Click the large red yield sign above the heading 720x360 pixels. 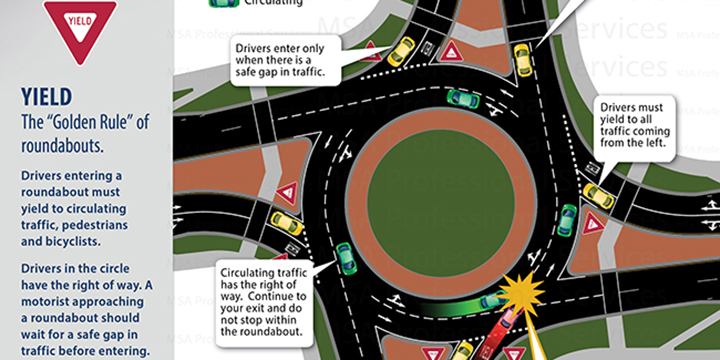point(80,30)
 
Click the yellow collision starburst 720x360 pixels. point(522,290)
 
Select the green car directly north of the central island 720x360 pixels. point(461,98)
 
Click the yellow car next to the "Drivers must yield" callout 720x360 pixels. point(599,194)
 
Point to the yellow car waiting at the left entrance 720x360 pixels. point(286,223)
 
